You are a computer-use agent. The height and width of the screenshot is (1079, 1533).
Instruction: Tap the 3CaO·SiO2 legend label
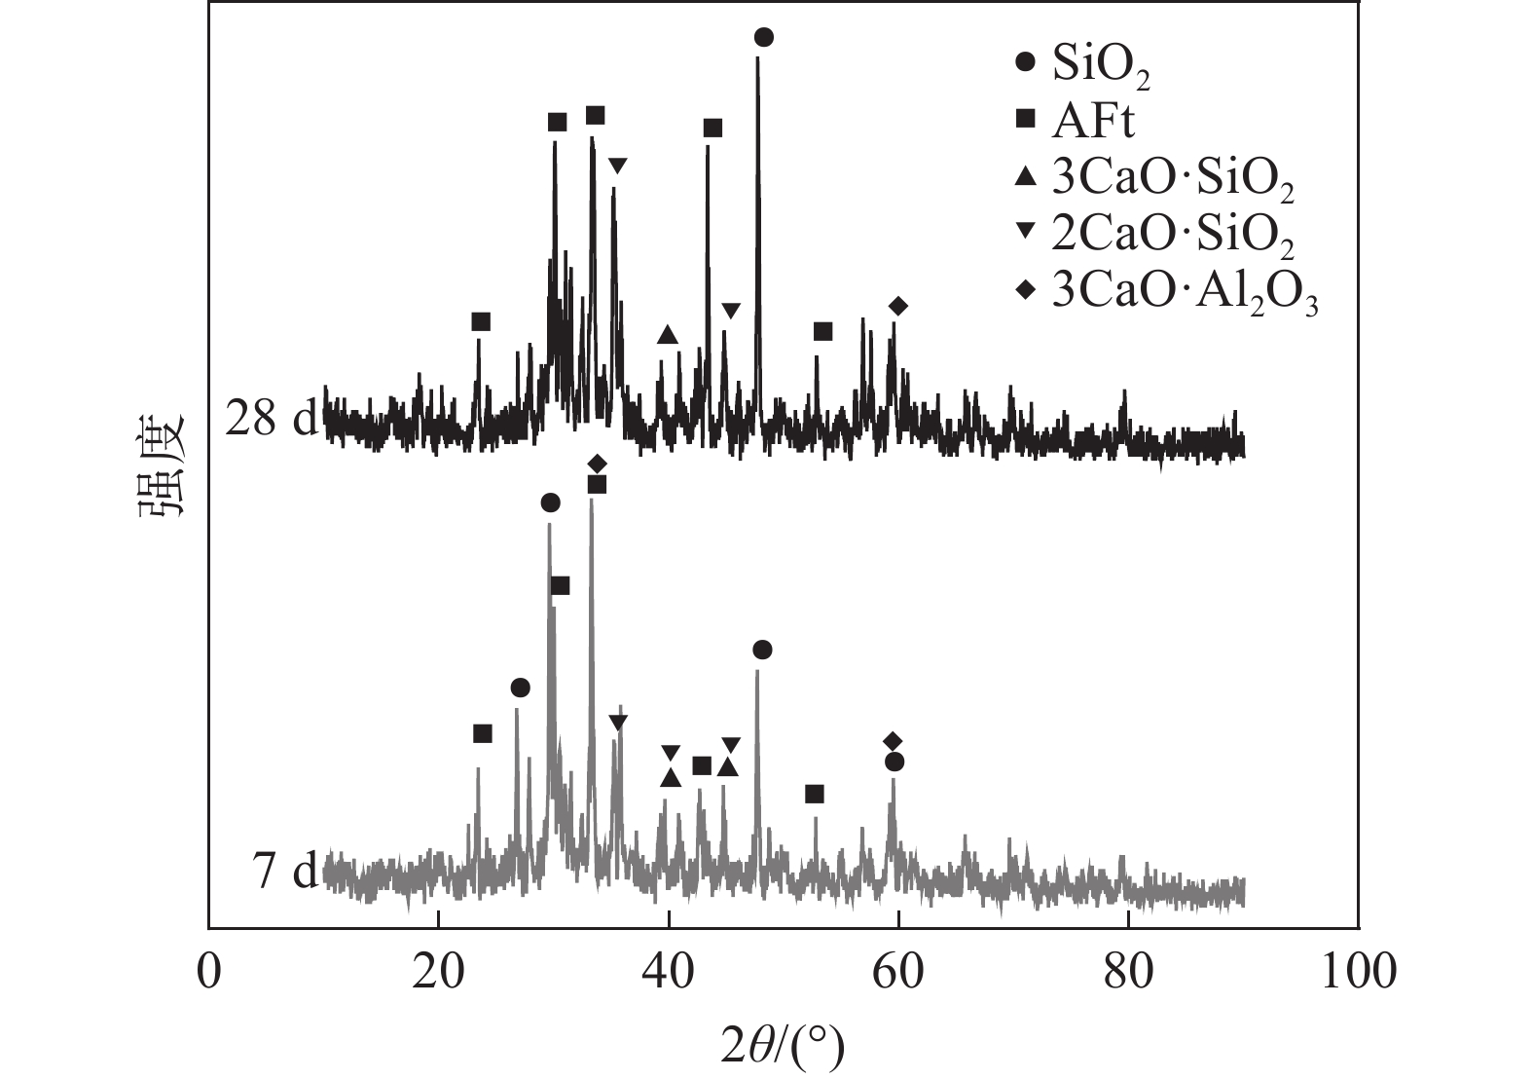click(x=1172, y=178)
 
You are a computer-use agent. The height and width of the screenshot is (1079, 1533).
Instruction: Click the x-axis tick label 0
click(x=209, y=971)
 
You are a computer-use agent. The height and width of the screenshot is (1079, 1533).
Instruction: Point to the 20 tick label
click(x=439, y=971)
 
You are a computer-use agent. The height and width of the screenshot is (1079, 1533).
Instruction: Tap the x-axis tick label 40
click(x=669, y=971)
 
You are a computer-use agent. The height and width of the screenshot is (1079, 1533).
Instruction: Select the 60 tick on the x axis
click(x=898, y=971)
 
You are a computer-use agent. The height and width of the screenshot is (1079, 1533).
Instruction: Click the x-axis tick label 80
click(x=1128, y=971)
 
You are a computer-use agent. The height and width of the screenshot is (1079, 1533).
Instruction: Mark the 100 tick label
click(x=1357, y=971)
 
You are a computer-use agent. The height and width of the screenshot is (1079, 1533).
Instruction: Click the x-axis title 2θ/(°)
click(x=783, y=1047)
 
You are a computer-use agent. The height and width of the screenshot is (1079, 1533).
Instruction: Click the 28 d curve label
click(x=271, y=420)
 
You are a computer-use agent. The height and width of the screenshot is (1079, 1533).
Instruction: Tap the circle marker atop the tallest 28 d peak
click(x=764, y=37)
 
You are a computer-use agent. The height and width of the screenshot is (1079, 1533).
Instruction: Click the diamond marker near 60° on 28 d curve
click(x=898, y=307)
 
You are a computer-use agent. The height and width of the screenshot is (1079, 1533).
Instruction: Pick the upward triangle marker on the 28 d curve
click(x=667, y=335)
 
